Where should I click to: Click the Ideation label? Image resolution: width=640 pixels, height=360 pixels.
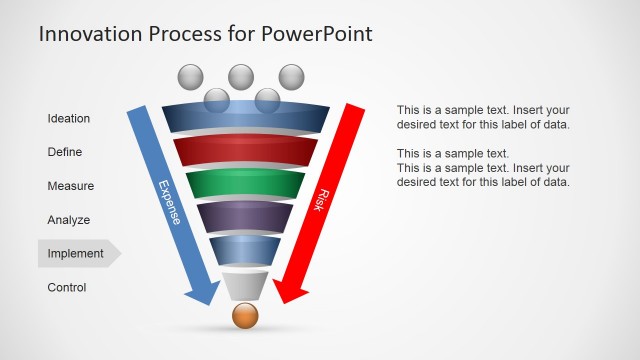(x=69, y=119)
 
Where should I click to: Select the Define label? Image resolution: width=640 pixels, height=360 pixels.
(x=65, y=153)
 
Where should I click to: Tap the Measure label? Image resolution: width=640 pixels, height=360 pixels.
(x=70, y=186)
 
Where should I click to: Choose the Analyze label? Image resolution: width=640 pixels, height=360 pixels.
(x=69, y=220)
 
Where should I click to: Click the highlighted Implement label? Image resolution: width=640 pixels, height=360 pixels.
(x=76, y=254)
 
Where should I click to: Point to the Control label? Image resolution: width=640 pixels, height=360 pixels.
(x=67, y=288)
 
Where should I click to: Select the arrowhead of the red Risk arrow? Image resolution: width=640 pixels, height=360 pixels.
(x=289, y=292)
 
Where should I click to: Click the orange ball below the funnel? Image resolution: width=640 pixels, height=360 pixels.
(x=245, y=316)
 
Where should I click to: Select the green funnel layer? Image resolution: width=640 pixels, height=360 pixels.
(x=245, y=185)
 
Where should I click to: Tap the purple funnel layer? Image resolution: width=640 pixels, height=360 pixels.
(x=245, y=217)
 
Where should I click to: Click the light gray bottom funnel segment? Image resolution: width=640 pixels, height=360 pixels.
(x=245, y=284)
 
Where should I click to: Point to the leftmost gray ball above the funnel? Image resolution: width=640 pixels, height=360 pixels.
(x=190, y=77)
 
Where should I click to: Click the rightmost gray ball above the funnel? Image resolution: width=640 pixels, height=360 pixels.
(x=291, y=76)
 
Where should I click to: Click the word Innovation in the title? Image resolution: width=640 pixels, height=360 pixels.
(x=87, y=34)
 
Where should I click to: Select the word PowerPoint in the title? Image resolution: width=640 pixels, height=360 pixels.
(x=317, y=34)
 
